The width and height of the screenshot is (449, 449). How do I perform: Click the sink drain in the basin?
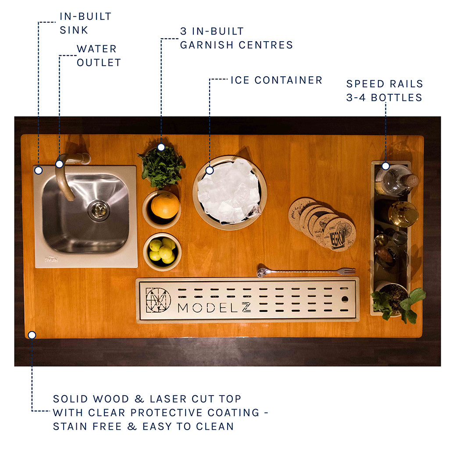(99, 210)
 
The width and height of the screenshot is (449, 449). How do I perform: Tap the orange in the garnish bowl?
(164, 205)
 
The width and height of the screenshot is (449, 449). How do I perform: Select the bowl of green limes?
(162, 251)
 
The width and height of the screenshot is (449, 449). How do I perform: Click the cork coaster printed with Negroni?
(339, 234)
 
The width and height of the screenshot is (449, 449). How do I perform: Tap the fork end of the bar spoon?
(349, 271)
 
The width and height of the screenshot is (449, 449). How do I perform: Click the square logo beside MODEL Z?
(158, 300)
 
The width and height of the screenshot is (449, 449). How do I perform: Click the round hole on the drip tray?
(345, 300)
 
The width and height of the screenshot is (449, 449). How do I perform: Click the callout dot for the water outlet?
(59, 164)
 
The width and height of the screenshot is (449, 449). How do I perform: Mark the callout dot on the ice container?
(210, 170)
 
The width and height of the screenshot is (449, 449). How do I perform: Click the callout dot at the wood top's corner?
(32, 335)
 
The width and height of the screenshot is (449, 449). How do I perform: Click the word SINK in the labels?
(74, 30)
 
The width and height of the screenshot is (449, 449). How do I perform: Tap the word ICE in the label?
(240, 80)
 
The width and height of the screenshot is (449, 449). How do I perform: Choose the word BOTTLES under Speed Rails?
(396, 97)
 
